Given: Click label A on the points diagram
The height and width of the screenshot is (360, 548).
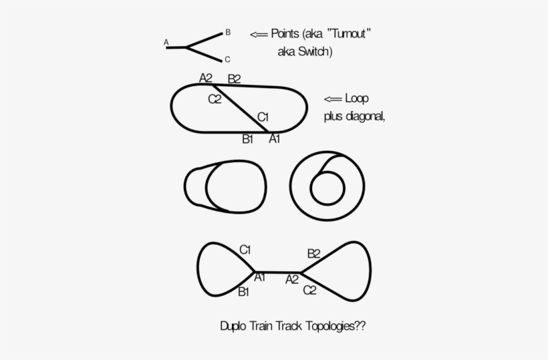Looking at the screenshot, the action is point(166,42).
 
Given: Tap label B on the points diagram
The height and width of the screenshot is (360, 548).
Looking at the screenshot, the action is point(228,32).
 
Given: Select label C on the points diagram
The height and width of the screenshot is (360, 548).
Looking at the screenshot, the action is point(227,59).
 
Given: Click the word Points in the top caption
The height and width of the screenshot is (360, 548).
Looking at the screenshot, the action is point(285,33).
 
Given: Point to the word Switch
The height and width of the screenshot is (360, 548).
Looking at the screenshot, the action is point(314,51).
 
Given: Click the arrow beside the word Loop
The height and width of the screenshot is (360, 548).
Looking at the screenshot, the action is point(333,99).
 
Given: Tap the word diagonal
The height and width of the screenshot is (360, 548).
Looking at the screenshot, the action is point(365,116).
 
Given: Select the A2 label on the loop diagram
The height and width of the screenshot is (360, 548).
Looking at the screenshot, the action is point(206,78).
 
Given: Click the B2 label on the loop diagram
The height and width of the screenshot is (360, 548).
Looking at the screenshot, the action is point(234,79).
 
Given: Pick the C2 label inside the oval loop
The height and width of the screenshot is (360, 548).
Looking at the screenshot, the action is point(215,99).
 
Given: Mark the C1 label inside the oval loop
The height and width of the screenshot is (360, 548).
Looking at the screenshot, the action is point(263,117).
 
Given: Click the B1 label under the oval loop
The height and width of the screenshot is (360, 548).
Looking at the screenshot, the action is point(247,139).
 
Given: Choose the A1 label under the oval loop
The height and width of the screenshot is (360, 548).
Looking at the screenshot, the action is point(275,139).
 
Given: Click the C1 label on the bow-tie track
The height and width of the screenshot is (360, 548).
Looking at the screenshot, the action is point(245,250).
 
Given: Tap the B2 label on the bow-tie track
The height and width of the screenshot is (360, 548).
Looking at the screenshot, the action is point(313,254).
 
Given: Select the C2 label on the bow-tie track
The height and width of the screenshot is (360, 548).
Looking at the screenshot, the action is point(309,290).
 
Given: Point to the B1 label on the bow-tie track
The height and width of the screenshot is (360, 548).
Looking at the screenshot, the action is point(243,292).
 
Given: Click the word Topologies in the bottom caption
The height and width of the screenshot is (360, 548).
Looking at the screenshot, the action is point(330,326).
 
